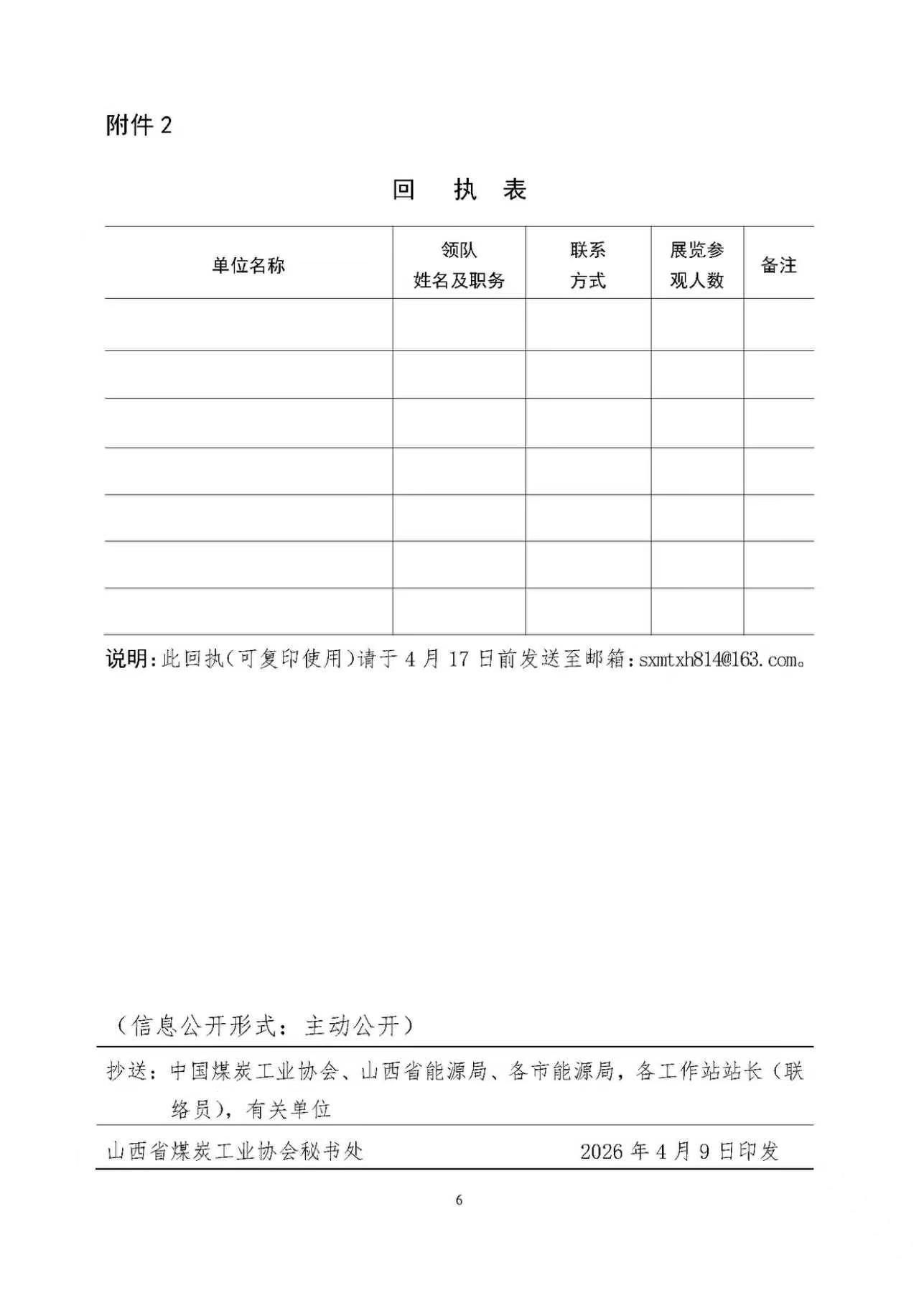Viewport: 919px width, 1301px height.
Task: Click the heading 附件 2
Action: pyautogui.click(x=139, y=126)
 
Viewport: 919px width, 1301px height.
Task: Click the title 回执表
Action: pyautogui.click(x=459, y=190)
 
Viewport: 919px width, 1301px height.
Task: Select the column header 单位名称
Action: pyautogui.click(x=248, y=266)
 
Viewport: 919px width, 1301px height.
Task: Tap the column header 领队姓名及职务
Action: pyautogui.click(x=459, y=266)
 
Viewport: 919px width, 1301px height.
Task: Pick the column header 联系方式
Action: pyautogui.click(x=588, y=266)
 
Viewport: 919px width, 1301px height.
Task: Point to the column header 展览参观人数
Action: pyautogui.click(x=697, y=266)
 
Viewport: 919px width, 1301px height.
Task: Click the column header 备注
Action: pyautogui.click(x=779, y=266)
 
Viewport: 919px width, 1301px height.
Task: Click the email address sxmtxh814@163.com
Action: pyautogui.click(x=717, y=660)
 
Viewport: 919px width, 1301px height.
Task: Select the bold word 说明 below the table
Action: pyautogui.click(x=126, y=659)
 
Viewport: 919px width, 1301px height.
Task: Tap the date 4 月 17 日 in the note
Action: pyautogui.click(x=448, y=659)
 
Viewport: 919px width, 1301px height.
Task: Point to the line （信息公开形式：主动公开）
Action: pyautogui.click(x=266, y=1025)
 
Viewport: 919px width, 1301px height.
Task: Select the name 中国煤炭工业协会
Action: pyautogui.click(x=254, y=1071)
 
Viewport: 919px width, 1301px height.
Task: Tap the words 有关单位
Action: pyautogui.click(x=289, y=1109)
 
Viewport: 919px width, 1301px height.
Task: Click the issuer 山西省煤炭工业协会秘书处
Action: pyautogui.click(x=235, y=1151)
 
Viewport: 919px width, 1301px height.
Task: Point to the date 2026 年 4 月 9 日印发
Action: pyautogui.click(x=679, y=1151)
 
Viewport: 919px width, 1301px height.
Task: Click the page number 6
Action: pyautogui.click(x=459, y=1200)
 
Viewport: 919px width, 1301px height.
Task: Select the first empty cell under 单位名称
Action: pyautogui.click(x=248, y=325)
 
